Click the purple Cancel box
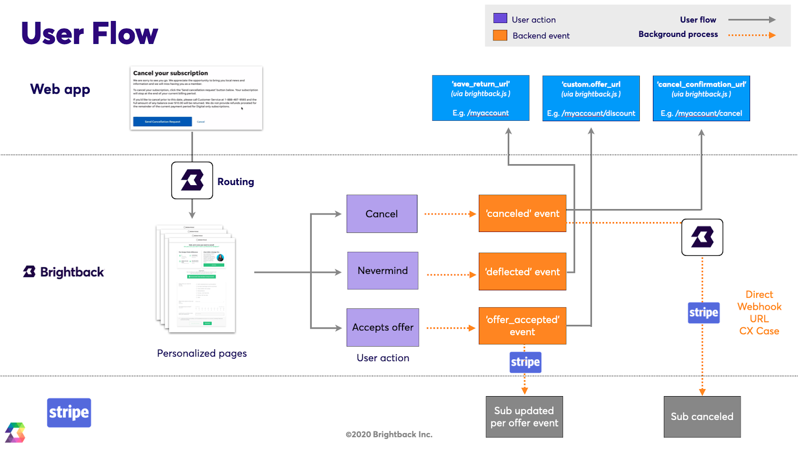coord(382,214)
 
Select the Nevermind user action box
coord(383,270)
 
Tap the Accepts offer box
coord(383,327)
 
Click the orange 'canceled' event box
coord(522,214)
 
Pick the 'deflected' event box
coord(522,271)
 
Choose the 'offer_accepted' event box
coord(522,326)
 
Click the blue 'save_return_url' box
coord(480,98)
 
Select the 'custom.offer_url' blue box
coord(591,98)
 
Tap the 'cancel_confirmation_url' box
coord(701,98)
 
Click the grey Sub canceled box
coord(702,417)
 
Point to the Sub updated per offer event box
coord(524,417)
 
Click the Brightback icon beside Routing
coord(192,180)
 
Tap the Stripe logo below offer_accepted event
coord(525,362)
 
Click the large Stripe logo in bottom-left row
coord(69,413)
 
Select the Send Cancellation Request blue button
coord(162,122)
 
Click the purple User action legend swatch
coord(500,18)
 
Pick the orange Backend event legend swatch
coord(500,35)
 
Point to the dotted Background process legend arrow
coord(751,35)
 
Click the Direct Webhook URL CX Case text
coord(759,313)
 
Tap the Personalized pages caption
coord(201,353)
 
